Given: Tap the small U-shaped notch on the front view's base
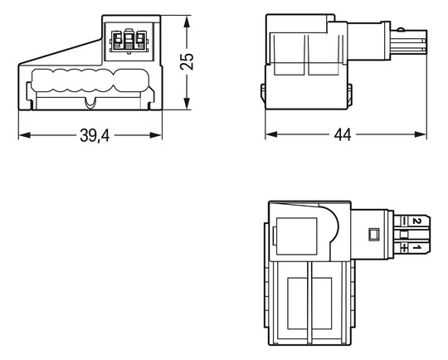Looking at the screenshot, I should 90,104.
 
